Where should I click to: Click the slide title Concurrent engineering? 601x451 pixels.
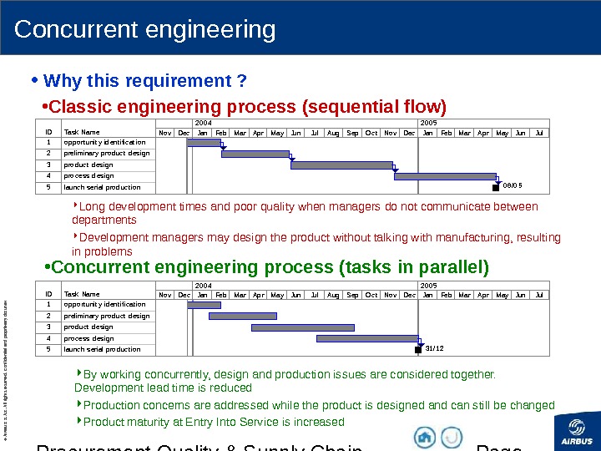pyautogui.click(x=144, y=30)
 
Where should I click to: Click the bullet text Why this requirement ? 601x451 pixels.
pyautogui.click(x=144, y=81)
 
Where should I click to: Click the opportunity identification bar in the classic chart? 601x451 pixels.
pyautogui.click(x=203, y=143)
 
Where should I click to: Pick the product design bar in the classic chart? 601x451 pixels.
pyautogui.click(x=341, y=165)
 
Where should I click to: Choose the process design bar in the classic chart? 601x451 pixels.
pyautogui.click(x=444, y=176)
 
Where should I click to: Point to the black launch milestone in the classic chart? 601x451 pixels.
pyautogui.click(x=496, y=189)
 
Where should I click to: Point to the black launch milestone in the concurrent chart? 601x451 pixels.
pyautogui.click(x=418, y=350)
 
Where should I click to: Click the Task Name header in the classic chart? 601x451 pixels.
pyautogui.click(x=82, y=132)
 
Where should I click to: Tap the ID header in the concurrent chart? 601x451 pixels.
pyautogui.click(x=48, y=294)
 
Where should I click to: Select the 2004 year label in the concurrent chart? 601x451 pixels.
pyautogui.click(x=203, y=285)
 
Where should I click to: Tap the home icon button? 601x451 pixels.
pyautogui.click(x=425, y=437)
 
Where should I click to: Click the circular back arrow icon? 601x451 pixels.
pyautogui.click(x=452, y=437)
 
